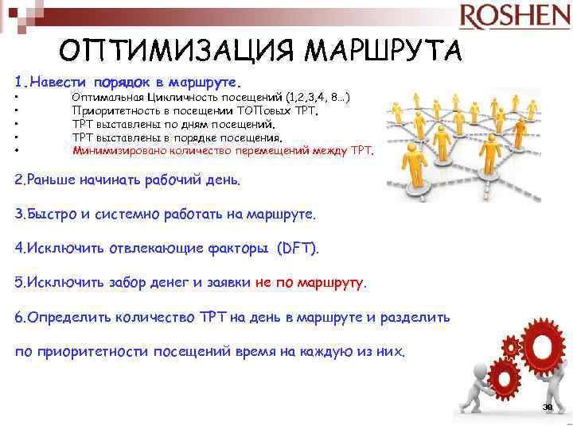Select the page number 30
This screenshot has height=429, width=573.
point(547,407)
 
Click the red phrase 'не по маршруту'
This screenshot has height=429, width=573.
point(310,282)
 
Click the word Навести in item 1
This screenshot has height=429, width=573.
point(59,81)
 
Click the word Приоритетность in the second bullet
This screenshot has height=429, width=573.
point(118,110)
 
